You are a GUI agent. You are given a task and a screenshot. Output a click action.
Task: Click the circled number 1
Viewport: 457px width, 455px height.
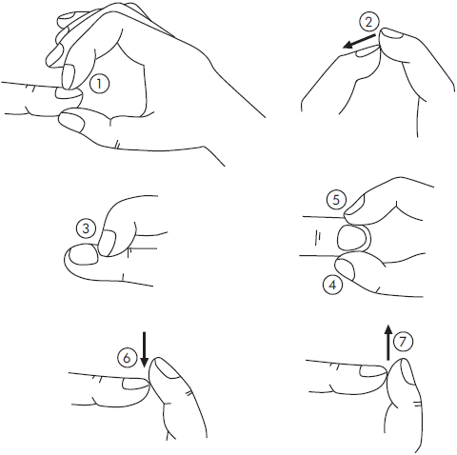click(99, 84)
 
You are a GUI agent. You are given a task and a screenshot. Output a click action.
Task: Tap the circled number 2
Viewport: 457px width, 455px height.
click(368, 22)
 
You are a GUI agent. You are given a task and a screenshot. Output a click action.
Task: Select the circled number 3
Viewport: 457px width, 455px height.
click(86, 228)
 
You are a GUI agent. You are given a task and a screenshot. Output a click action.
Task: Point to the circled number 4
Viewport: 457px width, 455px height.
click(332, 285)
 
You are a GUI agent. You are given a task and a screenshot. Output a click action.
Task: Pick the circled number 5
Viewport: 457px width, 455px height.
click(336, 200)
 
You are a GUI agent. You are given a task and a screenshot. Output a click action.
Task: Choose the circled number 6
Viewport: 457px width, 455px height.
click(127, 358)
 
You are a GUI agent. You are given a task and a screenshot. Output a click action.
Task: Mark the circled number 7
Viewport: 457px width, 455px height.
click(403, 342)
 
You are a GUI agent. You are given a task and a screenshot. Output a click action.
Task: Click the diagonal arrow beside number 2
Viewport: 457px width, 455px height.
click(360, 42)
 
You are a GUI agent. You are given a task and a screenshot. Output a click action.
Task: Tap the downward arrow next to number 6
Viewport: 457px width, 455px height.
click(145, 349)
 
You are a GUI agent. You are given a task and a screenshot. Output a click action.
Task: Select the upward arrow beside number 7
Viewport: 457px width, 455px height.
click(387, 343)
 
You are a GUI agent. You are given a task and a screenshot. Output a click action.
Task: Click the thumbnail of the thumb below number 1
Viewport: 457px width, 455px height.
click(72, 121)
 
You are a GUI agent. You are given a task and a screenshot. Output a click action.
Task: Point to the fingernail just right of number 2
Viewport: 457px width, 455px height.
click(393, 33)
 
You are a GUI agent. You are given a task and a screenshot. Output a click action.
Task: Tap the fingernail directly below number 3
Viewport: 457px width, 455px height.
click(84, 254)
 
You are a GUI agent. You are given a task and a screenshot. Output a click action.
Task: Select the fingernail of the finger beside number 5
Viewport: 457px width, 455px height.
click(355, 204)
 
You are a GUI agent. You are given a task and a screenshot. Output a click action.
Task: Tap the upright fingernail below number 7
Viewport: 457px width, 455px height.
click(408, 372)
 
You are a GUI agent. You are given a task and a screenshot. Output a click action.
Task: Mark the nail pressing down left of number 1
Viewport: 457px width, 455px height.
click(68, 76)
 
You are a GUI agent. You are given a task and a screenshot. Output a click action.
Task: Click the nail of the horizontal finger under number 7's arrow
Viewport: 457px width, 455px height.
click(372, 371)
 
